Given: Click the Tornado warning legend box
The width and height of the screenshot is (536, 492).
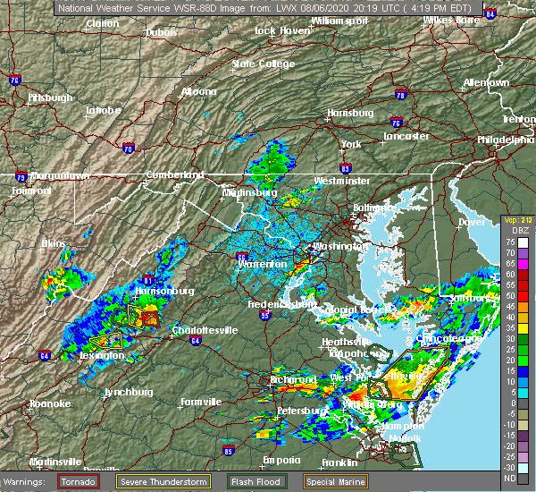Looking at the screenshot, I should (x=79, y=481).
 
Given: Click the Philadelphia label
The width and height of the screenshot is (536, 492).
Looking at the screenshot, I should (x=506, y=140).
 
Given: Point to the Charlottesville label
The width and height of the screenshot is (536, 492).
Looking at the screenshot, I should (x=206, y=330).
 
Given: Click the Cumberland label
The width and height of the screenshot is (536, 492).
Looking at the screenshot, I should (x=169, y=175).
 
